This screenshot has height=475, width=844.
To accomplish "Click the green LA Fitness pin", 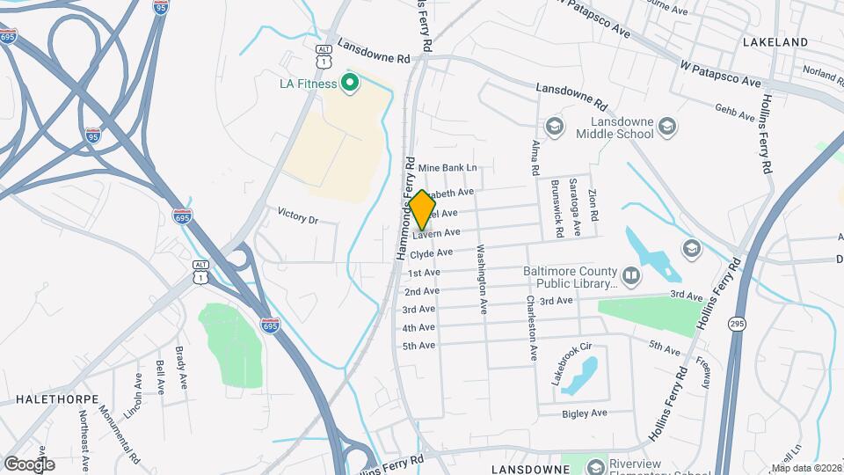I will (x=349, y=84).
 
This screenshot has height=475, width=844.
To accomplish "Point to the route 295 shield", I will (x=737, y=325).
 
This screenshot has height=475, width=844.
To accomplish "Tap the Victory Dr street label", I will (x=297, y=215).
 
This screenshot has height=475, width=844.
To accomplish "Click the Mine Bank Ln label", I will (x=447, y=167).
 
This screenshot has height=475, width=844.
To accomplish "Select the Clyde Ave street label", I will (x=432, y=252).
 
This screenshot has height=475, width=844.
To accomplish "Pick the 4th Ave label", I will (x=419, y=327).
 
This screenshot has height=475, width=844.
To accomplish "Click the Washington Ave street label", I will (x=482, y=280).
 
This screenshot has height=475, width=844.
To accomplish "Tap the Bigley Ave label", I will (x=585, y=413).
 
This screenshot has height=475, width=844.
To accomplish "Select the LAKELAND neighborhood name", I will (x=775, y=41).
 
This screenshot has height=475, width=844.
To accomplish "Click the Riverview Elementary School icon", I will (x=596, y=464).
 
